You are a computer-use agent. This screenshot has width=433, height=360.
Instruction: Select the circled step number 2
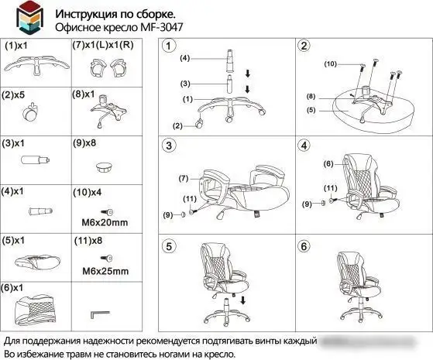(x=304, y=46)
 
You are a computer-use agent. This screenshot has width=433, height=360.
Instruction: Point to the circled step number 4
(x=304, y=146)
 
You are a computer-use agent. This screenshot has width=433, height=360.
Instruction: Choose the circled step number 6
(x=304, y=247)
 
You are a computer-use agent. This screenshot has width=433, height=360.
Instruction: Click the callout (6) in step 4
(x=328, y=164)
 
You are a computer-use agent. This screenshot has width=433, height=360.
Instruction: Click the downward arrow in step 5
(x=242, y=300)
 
